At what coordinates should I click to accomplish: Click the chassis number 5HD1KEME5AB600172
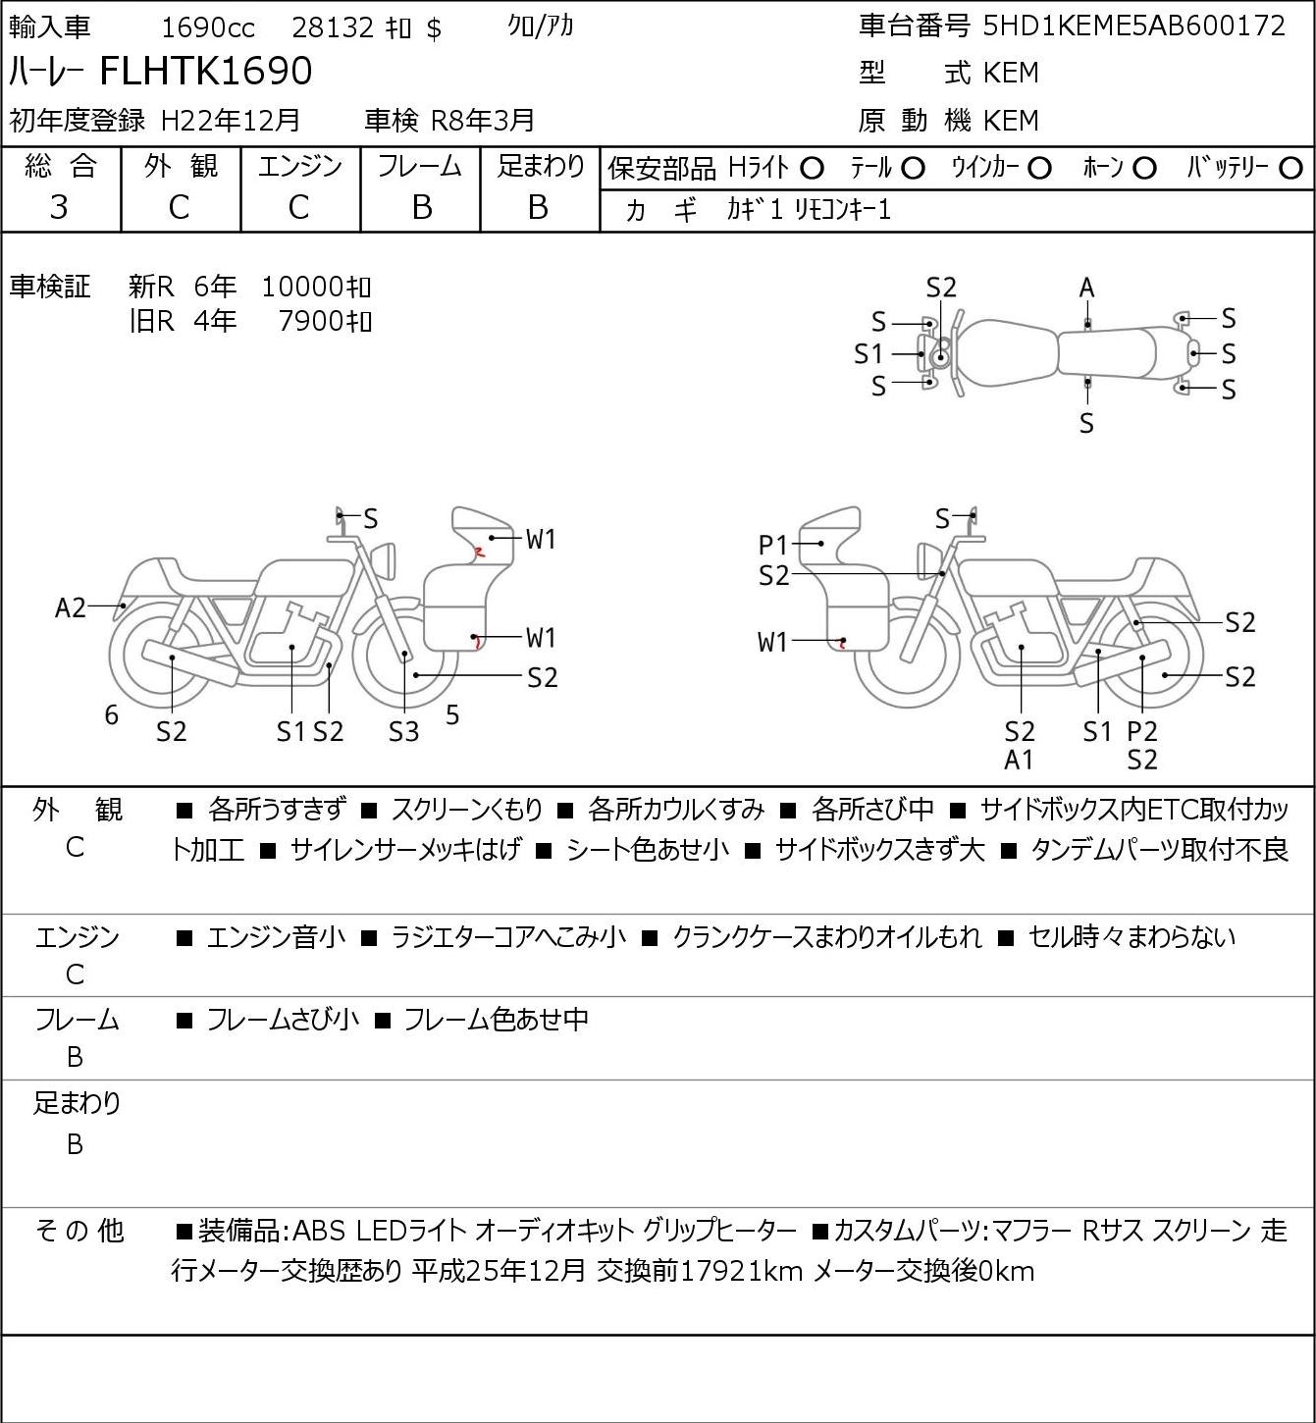tap(1133, 26)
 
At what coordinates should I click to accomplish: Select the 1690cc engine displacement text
tap(207, 27)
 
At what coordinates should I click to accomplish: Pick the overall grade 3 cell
tap(60, 207)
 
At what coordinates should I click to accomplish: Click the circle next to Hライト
tap(812, 169)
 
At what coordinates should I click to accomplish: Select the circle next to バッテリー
tap(1291, 169)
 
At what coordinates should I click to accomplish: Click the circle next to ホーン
tap(1144, 169)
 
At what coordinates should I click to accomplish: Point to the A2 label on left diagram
tap(70, 608)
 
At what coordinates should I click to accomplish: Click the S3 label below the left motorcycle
tap(403, 731)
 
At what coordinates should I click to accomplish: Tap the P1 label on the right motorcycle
tap(773, 545)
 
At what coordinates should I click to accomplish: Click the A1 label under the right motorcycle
tap(1020, 760)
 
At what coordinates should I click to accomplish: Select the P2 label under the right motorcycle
tap(1142, 731)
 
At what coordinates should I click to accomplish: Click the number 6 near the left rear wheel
tap(112, 715)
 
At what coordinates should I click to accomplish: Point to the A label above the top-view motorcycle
tap(1086, 288)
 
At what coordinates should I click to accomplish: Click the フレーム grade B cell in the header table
tap(421, 207)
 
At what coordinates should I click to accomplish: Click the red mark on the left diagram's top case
tap(479, 552)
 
